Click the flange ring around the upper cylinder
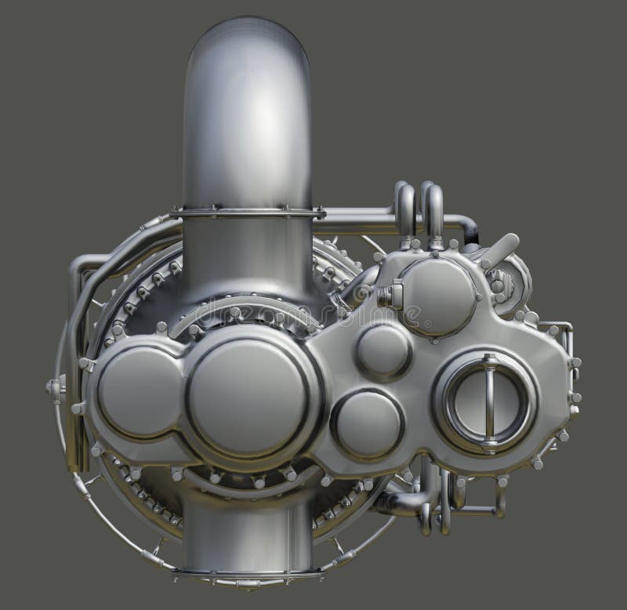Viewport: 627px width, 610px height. point(246,211)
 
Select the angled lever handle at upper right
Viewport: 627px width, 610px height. point(501,249)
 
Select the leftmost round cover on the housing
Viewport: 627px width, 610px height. point(140,393)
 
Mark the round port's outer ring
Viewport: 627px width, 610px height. point(448,400)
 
